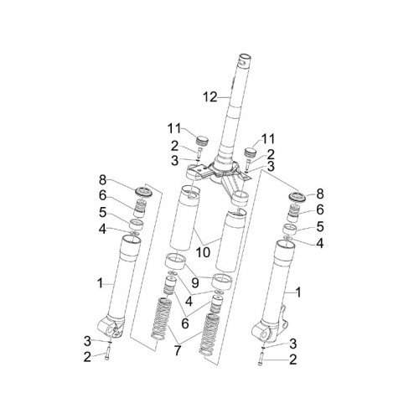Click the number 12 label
coord(210,97)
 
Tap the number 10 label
coord(203,253)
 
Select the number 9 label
coord(195,283)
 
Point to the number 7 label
coord(178,350)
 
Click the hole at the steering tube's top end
coord(246,59)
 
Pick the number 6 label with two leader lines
coord(185,323)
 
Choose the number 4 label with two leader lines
coord(189,302)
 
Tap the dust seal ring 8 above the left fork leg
coord(144,192)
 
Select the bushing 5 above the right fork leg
coord(290,230)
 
